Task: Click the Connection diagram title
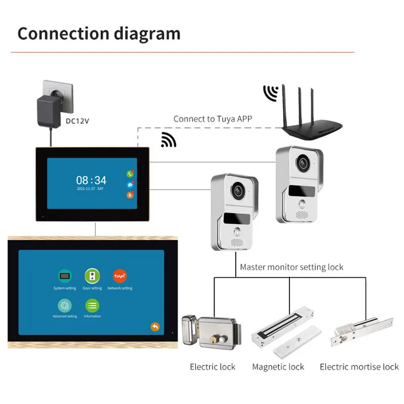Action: [99, 33]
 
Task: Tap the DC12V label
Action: [77, 121]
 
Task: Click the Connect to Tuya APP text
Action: [213, 119]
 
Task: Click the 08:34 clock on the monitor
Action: [91, 180]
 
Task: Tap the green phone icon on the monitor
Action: [130, 175]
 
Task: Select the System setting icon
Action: [65, 276]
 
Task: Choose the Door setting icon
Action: [92, 276]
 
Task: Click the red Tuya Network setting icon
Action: [120, 276]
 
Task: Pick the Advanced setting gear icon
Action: [65, 305]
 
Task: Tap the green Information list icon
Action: [92, 305]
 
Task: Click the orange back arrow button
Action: [155, 327]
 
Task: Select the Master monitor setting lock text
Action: [291, 267]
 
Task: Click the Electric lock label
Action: [213, 367]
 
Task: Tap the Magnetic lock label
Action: [278, 367]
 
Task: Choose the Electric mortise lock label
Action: [359, 367]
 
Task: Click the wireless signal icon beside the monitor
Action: [168, 140]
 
